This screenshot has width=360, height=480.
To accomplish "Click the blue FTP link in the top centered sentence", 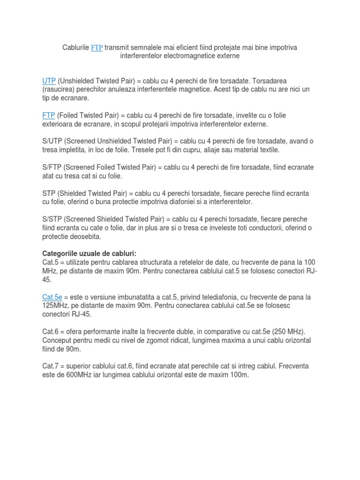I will coord(97,47).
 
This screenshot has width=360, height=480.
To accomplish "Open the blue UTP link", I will coord(49,81).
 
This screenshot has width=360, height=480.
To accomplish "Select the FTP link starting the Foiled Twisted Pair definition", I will coord(49,115).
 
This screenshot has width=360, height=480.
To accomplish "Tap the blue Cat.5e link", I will coord(52,297).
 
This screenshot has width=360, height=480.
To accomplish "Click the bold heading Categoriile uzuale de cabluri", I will coord(89,254).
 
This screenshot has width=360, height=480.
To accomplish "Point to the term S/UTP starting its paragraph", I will coord(52,141).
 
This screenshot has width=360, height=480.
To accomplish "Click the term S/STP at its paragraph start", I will coord(52,219).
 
